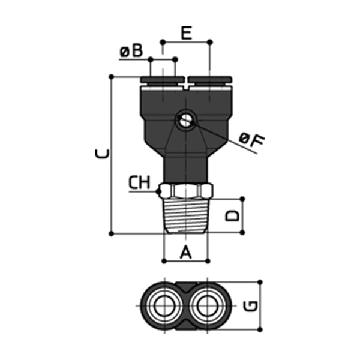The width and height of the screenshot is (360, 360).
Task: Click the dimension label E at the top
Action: click(187, 32)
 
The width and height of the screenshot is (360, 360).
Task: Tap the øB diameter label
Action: click(131, 52)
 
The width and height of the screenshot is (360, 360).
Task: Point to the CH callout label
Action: click(140, 182)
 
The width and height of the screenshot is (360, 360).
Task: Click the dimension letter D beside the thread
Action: click(233, 215)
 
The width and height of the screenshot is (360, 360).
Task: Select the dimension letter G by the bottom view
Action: click(252, 305)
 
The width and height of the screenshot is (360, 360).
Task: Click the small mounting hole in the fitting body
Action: click(184, 121)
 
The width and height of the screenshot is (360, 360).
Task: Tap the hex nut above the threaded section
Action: click(186, 191)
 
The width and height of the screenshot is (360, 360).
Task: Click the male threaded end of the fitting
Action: click(186, 216)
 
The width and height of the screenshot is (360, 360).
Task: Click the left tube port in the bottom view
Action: click(162, 305)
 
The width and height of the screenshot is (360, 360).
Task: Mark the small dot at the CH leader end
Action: click(158, 192)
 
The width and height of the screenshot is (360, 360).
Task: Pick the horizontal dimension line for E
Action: click(186, 42)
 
